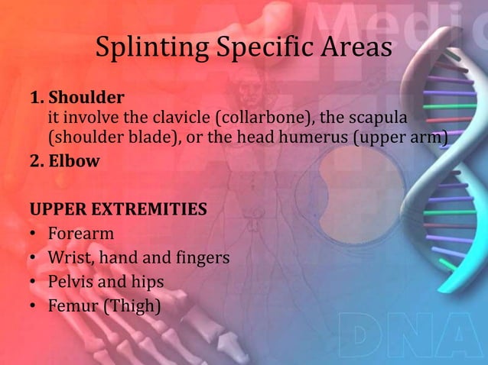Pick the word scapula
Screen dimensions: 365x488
pos(376,118)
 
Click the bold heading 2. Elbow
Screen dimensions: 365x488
pos(66,161)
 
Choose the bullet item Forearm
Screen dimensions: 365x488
pos(80,233)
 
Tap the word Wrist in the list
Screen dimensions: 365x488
pos(68,258)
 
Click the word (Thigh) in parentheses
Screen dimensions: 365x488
pos(133,306)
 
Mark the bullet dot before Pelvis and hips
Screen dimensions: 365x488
pos(34,283)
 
